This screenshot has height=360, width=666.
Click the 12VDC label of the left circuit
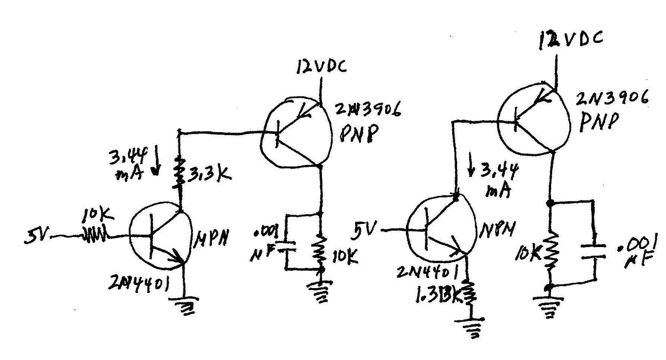click(x=321, y=67)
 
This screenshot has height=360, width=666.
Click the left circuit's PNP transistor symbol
click(x=295, y=133)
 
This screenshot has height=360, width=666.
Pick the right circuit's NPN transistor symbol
click(x=437, y=230)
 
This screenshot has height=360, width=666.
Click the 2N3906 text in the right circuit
click(x=612, y=100)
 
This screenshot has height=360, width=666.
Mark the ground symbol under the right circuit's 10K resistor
click(x=548, y=305)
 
